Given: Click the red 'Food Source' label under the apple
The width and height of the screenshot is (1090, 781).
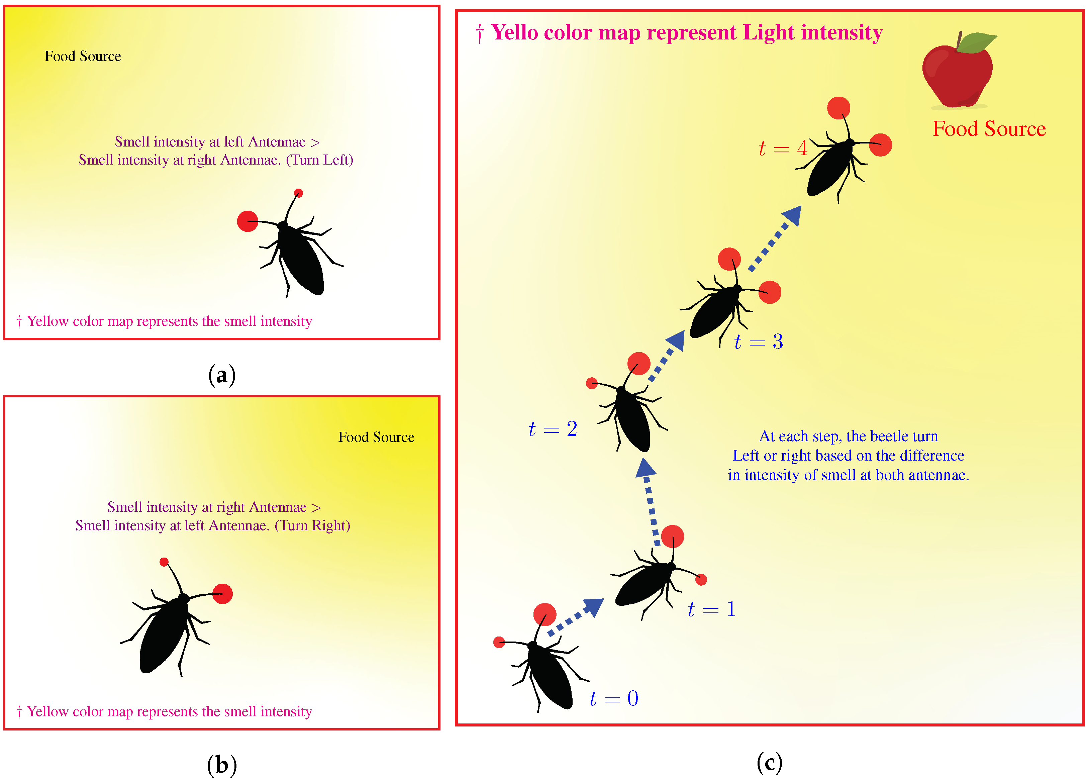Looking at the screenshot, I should pyautogui.click(x=989, y=129).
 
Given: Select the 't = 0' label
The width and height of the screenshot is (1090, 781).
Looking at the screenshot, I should pyautogui.click(x=614, y=698).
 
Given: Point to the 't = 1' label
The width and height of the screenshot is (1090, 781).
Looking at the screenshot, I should pyautogui.click(x=711, y=609).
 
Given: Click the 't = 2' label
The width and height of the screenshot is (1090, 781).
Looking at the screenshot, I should pyautogui.click(x=553, y=429).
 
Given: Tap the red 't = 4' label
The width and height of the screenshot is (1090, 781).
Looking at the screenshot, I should pyautogui.click(x=782, y=148).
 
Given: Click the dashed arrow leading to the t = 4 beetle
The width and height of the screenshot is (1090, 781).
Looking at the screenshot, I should pyautogui.click(x=776, y=237).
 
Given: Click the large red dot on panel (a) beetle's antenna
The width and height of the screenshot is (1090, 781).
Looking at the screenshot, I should pyautogui.click(x=247, y=221).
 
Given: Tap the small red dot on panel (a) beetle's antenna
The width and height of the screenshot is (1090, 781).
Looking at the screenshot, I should pyautogui.click(x=298, y=193).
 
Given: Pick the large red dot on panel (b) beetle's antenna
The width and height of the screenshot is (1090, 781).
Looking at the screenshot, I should pyautogui.click(x=222, y=594).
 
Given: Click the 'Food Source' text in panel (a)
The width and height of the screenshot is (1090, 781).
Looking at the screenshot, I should pyautogui.click(x=83, y=56).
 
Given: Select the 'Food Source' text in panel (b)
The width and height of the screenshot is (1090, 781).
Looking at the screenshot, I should pyautogui.click(x=376, y=437).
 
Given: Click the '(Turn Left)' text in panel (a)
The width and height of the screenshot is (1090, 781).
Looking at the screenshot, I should pyautogui.click(x=320, y=160).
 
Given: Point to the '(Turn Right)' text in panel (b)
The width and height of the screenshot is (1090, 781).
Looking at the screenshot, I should pyautogui.click(x=312, y=525).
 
